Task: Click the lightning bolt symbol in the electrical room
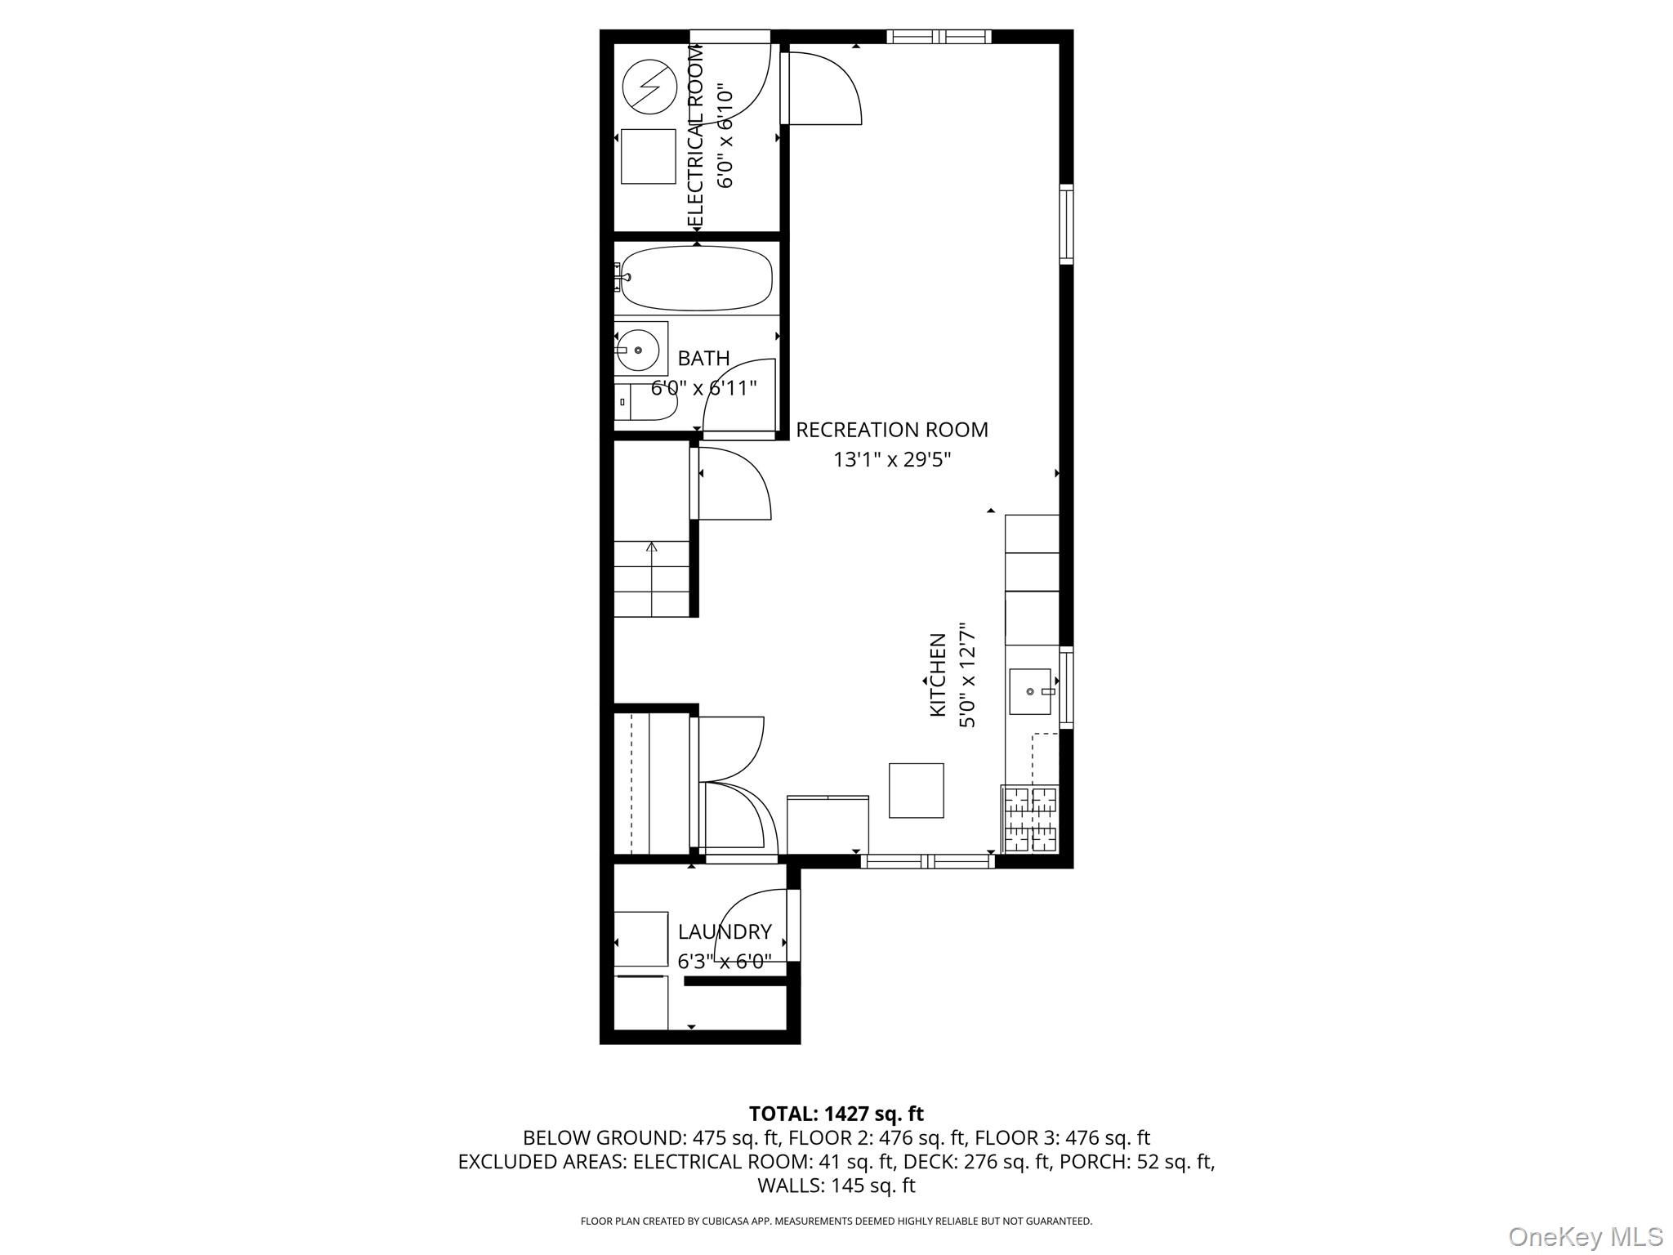click(x=649, y=87)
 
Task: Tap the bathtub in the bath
click(x=696, y=278)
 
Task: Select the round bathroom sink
click(x=638, y=350)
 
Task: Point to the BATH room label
click(x=703, y=358)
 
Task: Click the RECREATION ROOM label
click(x=891, y=430)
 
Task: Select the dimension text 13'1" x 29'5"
click(x=891, y=459)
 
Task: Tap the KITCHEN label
click(x=938, y=675)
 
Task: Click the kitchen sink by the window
click(x=1030, y=691)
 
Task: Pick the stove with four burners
click(x=1030, y=819)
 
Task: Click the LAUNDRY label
click(x=725, y=931)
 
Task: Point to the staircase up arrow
click(x=651, y=547)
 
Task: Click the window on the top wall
click(x=939, y=36)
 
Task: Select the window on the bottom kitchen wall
click(x=927, y=860)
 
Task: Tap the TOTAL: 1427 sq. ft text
click(x=836, y=1114)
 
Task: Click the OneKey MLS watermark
click(x=1585, y=1236)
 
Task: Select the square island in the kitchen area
click(x=916, y=790)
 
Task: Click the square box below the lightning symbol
click(x=648, y=156)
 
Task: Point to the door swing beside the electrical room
click(x=821, y=88)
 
